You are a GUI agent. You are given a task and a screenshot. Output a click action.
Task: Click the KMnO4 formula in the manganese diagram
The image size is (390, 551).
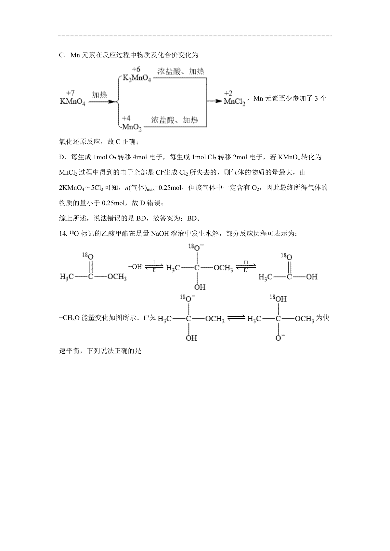[72, 102]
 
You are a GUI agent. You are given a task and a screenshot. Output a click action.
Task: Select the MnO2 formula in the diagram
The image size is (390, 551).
[132, 127]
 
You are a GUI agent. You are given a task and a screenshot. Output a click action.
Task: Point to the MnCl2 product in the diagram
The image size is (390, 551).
[234, 102]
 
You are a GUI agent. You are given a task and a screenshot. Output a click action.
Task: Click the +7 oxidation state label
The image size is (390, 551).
[70, 93]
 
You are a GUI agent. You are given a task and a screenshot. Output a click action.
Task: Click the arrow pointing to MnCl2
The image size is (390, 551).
[214, 101]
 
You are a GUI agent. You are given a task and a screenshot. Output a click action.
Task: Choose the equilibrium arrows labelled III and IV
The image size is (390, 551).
[246, 267]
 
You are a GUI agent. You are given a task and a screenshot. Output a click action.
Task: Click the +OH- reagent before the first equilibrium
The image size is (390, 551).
[136, 267]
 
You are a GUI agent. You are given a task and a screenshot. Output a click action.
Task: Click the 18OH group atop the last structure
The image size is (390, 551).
[279, 298]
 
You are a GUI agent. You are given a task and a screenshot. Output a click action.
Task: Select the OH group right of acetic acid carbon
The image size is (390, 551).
[312, 277]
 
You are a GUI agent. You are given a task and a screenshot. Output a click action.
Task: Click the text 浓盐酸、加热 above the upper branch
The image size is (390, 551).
[181, 71]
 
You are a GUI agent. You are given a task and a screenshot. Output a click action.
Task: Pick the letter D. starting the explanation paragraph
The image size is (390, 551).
[62, 157]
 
